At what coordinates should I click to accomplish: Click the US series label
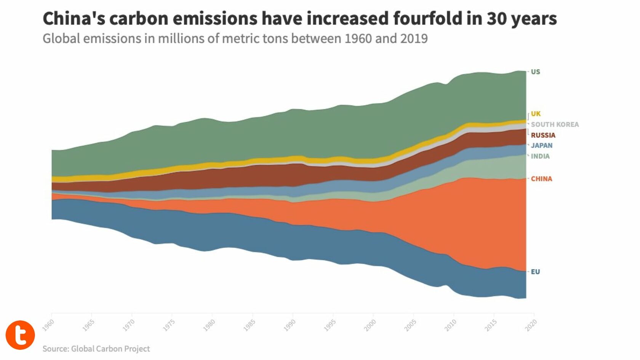[x=535, y=72]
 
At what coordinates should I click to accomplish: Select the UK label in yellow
[x=536, y=114]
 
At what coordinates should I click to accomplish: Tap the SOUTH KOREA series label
[x=555, y=124]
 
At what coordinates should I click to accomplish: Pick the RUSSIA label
[x=543, y=135]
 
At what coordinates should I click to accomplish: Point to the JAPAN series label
[x=541, y=145]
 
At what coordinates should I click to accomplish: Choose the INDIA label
[x=540, y=156]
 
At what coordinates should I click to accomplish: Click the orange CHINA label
[x=541, y=179]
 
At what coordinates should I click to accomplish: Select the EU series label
[x=535, y=272]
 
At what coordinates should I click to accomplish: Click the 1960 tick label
[x=48, y=325]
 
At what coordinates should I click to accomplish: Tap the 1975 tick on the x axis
[x=169, y=325]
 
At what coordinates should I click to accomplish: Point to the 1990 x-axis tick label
[x=290, y=325]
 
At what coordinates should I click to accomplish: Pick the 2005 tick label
[x=410, y=325]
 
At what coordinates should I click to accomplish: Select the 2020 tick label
[x=531, y=325]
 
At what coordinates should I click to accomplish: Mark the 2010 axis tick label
[x=450, y=325]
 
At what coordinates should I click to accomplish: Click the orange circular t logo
[x=20, y=335]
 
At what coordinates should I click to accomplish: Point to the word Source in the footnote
[x=55, y=349]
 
